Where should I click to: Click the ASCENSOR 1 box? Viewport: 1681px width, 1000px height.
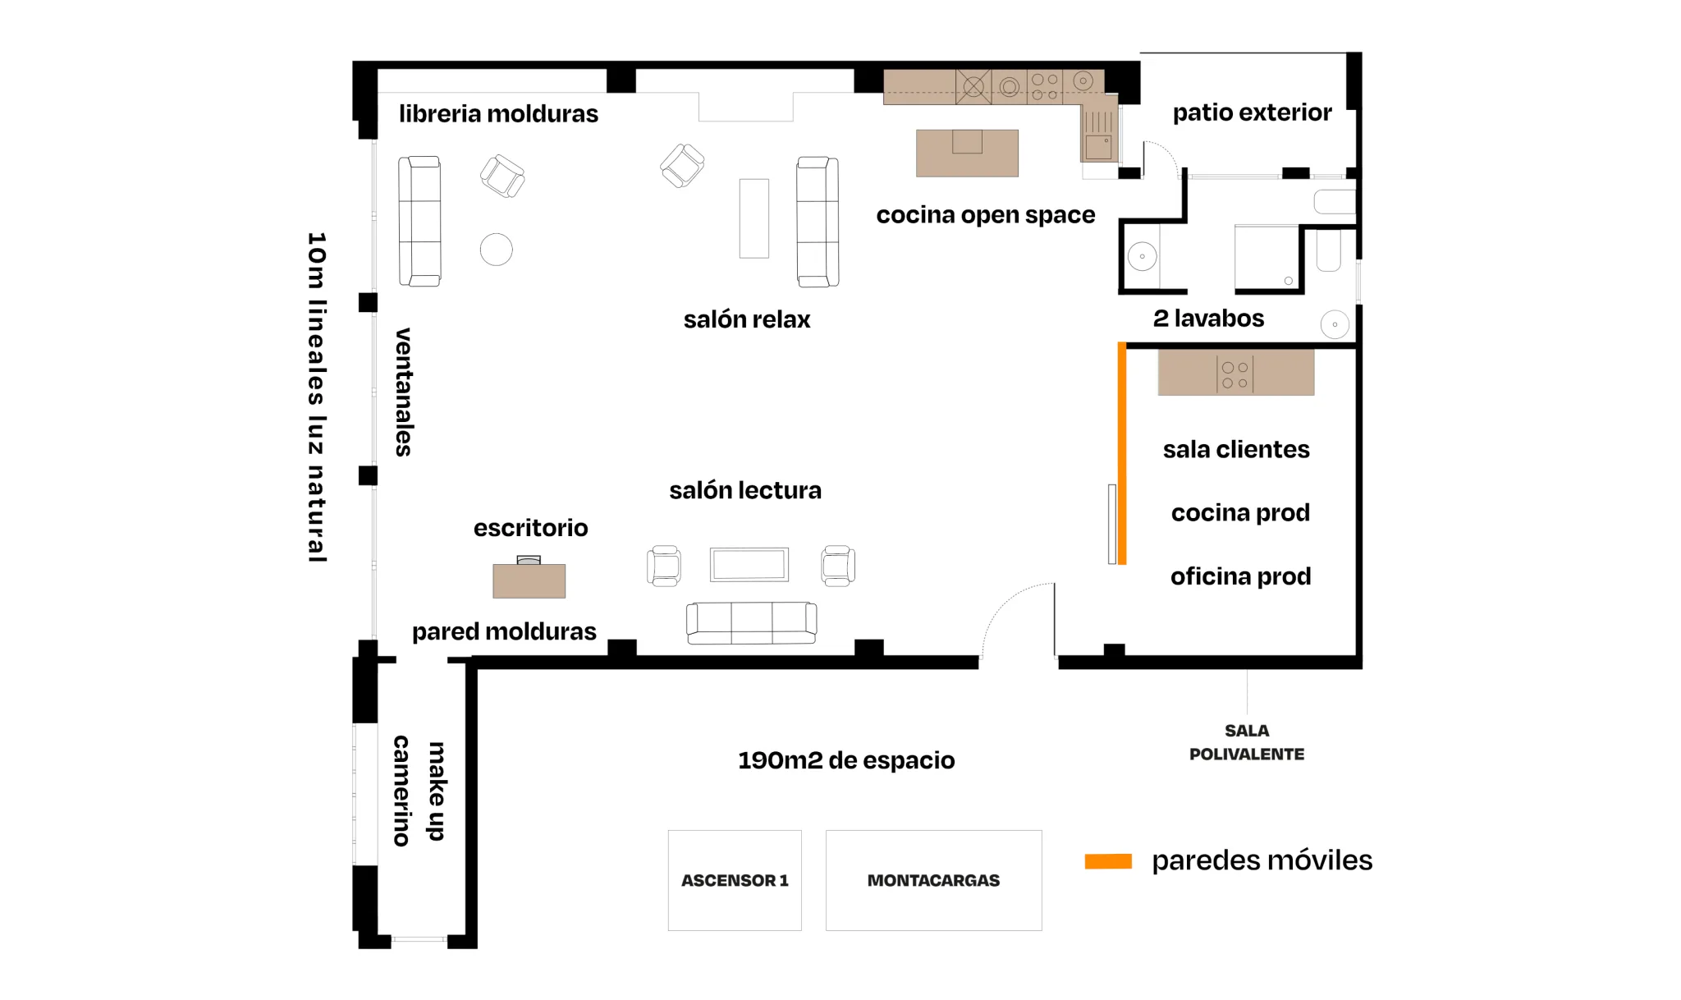click(735, 880)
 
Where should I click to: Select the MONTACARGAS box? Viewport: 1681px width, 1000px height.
click(933, 880)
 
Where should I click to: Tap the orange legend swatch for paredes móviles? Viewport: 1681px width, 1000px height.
click(1108, 861)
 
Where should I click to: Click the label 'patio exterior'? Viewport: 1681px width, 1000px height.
click(1252, 112)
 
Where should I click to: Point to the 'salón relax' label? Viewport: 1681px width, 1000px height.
click(747, 319)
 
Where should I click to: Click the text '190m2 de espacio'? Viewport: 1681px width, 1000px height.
click(846, 760)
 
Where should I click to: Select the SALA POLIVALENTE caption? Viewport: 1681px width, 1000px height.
click(1247, 742)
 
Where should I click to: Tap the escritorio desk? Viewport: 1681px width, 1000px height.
click(529, 580)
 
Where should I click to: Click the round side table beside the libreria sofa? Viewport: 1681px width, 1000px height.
click(497, 250)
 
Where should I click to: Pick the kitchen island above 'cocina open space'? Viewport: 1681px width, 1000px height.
click(967, 153)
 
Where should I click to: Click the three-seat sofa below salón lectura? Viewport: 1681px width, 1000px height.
click(752, 622)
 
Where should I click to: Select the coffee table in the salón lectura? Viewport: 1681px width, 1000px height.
click(749, 565)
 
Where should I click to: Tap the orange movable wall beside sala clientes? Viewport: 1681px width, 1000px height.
click(1122, 453)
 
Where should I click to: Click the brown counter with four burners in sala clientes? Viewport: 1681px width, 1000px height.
click(1236, 373)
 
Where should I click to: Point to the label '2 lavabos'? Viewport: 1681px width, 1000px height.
click(1208, 319)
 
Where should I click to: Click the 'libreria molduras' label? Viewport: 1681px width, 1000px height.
click(498, 113)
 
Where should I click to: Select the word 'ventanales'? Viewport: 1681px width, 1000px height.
click(404, 392)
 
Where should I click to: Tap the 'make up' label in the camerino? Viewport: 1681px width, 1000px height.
click(437, 791)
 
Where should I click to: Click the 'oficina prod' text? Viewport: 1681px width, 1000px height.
click(1240, 576)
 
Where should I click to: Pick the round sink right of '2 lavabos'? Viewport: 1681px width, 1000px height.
click(1335, 324)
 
